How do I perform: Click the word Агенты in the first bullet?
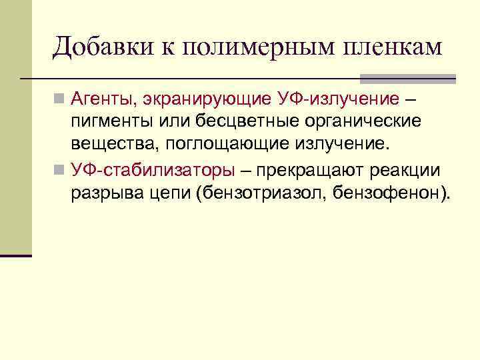102,99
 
